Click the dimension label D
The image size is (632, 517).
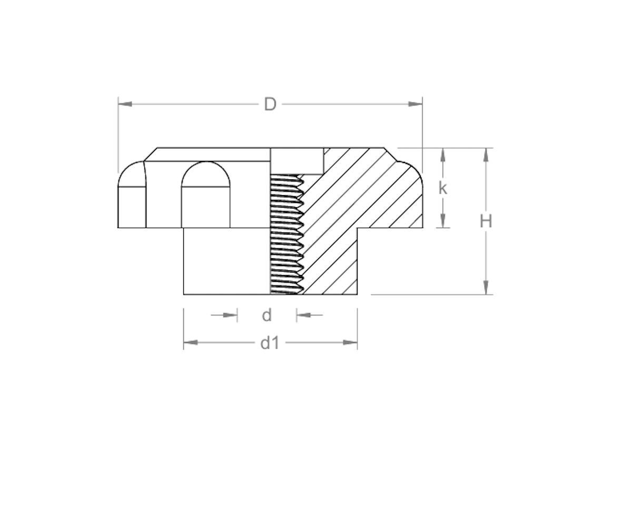pyautogui.click(x=270, y=105)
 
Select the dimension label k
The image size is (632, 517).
pyautogui.click(x=442, y=188)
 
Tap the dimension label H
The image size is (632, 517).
pyautogui.click(x=486, y=222)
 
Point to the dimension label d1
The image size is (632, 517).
pyautogui.click(x=270, y=343)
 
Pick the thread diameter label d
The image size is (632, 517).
pyautogui.click(x=266, y=316)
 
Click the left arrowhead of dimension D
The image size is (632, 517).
pyautogui.click(x=125, y=104)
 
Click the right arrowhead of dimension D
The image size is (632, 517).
pyautogui.click(x=416, y=104)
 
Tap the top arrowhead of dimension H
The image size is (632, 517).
pyautogui.click(x=486, y=155)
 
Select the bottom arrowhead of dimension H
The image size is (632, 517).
pyautogui.click(x=486, y=288)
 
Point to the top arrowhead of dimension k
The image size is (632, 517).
pyautogui.click(x=443, y=155)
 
